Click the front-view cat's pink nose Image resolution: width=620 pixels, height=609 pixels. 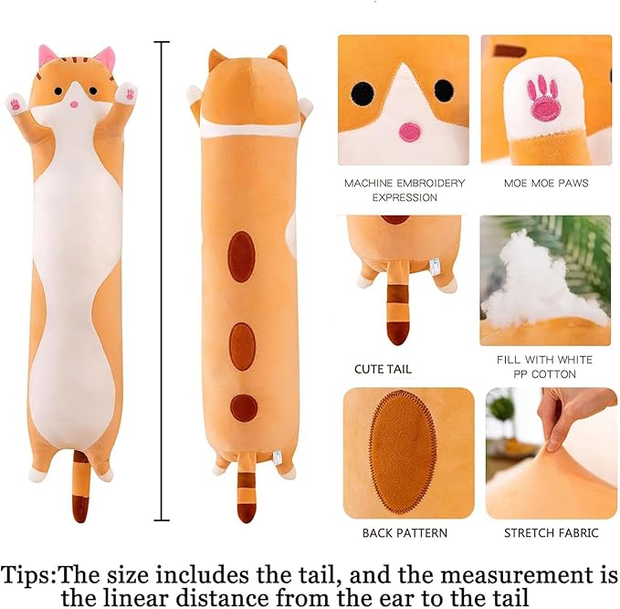point(75,104)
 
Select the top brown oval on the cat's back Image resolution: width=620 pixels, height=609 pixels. point(241,256)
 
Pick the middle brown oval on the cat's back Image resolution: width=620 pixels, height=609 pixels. point(242,346)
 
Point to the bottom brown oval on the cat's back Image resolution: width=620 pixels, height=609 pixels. point(243,407)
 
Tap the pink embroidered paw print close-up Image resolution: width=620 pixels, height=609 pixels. point(545,98)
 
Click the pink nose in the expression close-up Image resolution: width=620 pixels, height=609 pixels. point(409,131)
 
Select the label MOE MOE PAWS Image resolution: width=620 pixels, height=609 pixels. point(546,183)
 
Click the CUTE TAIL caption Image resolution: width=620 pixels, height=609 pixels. point(383,370)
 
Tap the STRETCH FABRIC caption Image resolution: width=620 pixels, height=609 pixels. point(546,531)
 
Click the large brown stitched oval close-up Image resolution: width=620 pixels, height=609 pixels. point(404,450)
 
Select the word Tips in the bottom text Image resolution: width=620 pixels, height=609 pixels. point(28,575)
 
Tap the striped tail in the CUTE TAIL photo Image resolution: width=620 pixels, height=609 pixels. point(397,310)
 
